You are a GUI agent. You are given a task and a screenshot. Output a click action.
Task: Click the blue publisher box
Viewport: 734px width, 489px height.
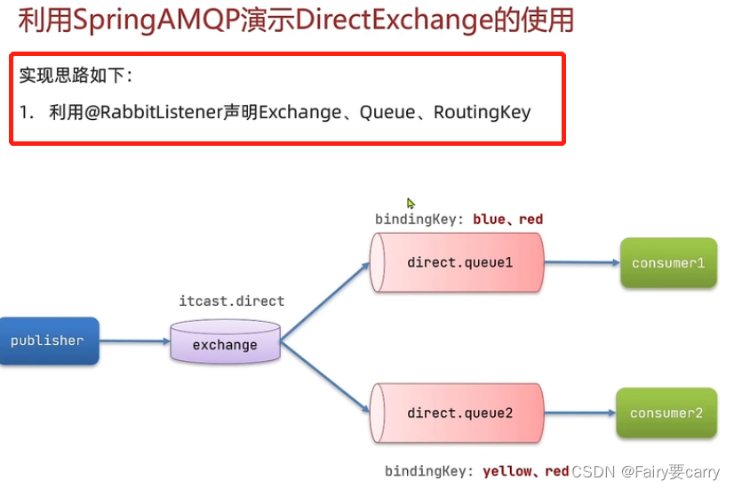click(48, 341)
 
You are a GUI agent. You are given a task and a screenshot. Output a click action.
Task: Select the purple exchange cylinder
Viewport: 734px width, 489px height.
click(225, 343)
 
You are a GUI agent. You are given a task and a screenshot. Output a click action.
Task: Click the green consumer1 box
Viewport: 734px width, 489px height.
click(668, 263)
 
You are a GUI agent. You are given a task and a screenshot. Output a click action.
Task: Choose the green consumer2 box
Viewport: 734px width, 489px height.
click(666, 413)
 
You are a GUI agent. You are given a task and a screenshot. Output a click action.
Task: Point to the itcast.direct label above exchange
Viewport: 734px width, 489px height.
click(231, 301)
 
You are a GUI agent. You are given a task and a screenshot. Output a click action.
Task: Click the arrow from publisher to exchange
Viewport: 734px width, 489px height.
click(134, 341)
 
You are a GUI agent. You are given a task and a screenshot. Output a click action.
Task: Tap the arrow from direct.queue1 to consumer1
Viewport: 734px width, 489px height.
click(582, 262)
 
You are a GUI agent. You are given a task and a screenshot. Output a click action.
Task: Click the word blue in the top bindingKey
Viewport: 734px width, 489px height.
click(489, 219)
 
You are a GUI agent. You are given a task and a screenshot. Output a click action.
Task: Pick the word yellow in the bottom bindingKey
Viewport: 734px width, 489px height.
click(506, 471)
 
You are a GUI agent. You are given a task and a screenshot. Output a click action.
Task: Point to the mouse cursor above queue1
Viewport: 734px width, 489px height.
click(411, 203)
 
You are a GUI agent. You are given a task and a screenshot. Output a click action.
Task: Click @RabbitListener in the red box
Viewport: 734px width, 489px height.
click(147, 112)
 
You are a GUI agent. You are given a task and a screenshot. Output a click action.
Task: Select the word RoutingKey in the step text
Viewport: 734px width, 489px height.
click(482, 112)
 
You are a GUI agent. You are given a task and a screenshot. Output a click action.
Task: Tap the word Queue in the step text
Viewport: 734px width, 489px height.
click(387, 112)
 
